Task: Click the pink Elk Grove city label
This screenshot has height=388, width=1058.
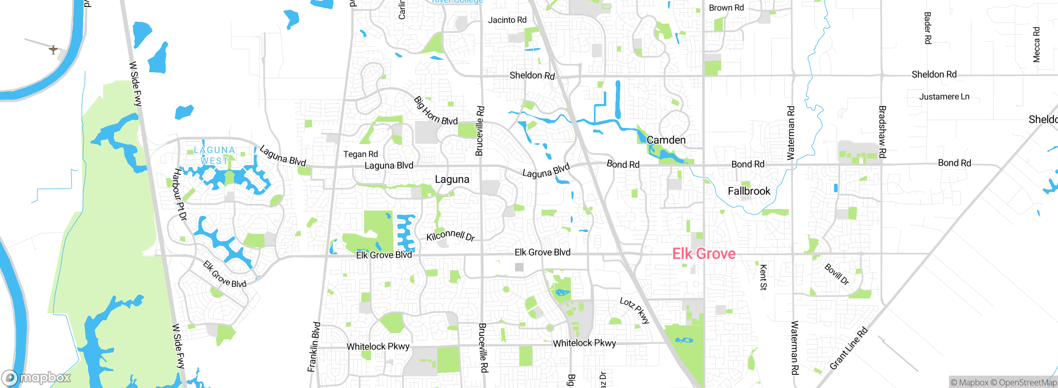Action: [x=704, y=253]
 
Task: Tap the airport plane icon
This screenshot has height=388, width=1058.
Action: [x=53, y=50]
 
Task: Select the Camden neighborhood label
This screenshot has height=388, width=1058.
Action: [x=666, y=140]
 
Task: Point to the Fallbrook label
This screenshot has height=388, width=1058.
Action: [x=749, y=191]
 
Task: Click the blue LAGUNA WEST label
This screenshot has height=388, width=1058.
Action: [x=214, y=155]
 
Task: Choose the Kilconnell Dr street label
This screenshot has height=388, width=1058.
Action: [x=450, y=235]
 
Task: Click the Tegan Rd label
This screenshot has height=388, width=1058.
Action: [x=360, y=154]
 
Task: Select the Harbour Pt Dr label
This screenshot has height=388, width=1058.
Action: [x=180, y=194]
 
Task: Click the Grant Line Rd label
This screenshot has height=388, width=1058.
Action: [x=848, y=348]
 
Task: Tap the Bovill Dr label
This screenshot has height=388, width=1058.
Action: [x=837, y=274]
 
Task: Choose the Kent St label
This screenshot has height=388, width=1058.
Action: [x=763, y=277]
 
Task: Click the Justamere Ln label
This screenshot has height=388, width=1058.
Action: [x=944, y=97]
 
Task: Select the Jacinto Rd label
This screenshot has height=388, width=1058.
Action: [x=507, y=20]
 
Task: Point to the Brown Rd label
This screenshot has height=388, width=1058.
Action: [x=726, y=7]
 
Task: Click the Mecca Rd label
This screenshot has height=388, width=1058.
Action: [x=1037, y=45]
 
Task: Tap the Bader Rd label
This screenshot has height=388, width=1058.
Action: [x=927, y=28]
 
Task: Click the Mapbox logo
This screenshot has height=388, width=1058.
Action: [x=36, y=378]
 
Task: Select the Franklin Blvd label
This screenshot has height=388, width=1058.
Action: [x=314, y=347]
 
